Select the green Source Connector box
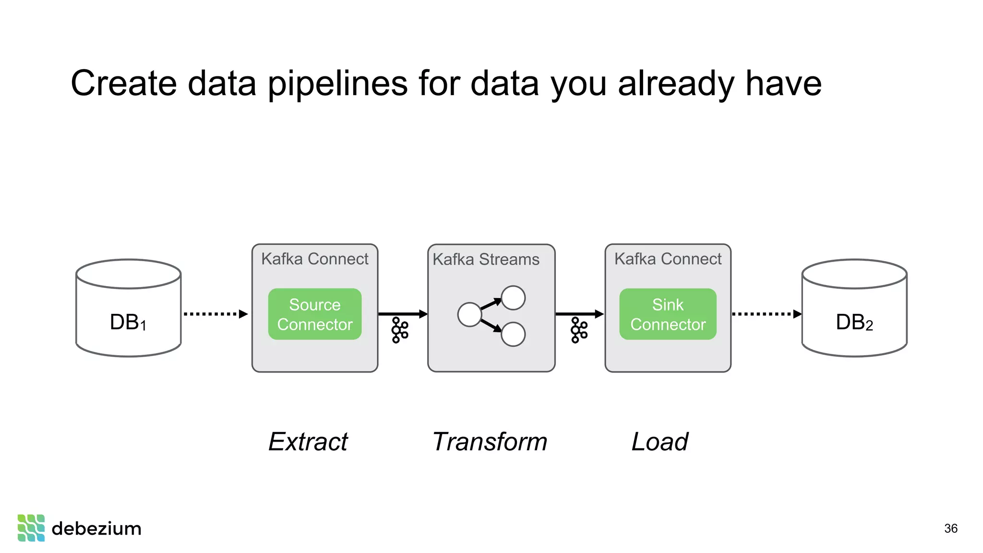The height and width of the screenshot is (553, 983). pyautogui.click(x=315, y=314)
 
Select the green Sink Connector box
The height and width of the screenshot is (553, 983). pyautogui.click(x=668, y=314)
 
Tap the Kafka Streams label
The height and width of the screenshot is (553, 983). pyautogui.click(x=486, y=259)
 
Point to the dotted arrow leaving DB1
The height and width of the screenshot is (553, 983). pyautogui.click(x=215, y=314)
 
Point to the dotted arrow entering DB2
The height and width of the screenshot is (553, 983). pyautogui.click(x=766, y=314)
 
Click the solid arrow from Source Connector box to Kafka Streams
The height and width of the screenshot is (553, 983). pyautogui.click(x=402, y=314)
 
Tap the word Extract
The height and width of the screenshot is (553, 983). pyautogui.click(x=308, y=442)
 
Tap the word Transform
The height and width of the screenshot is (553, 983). pyautogui.click(x=490, y=442)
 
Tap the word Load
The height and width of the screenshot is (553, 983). pyautogui.click(x=659, y=442)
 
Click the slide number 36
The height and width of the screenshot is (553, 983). pyautogui.click(x=950, y=529)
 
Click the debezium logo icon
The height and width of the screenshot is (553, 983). pyautogui.click(x=31, y=528)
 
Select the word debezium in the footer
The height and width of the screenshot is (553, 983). pyautogui.click(x=96, y=529)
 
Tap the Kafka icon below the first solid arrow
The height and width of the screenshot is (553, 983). pyautogui.click(x=400, y=330)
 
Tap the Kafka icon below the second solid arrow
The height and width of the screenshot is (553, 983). pyautogui.click(x=579, y=330)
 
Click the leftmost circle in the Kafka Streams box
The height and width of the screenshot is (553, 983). pyautogui.click(x=469, y=314)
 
